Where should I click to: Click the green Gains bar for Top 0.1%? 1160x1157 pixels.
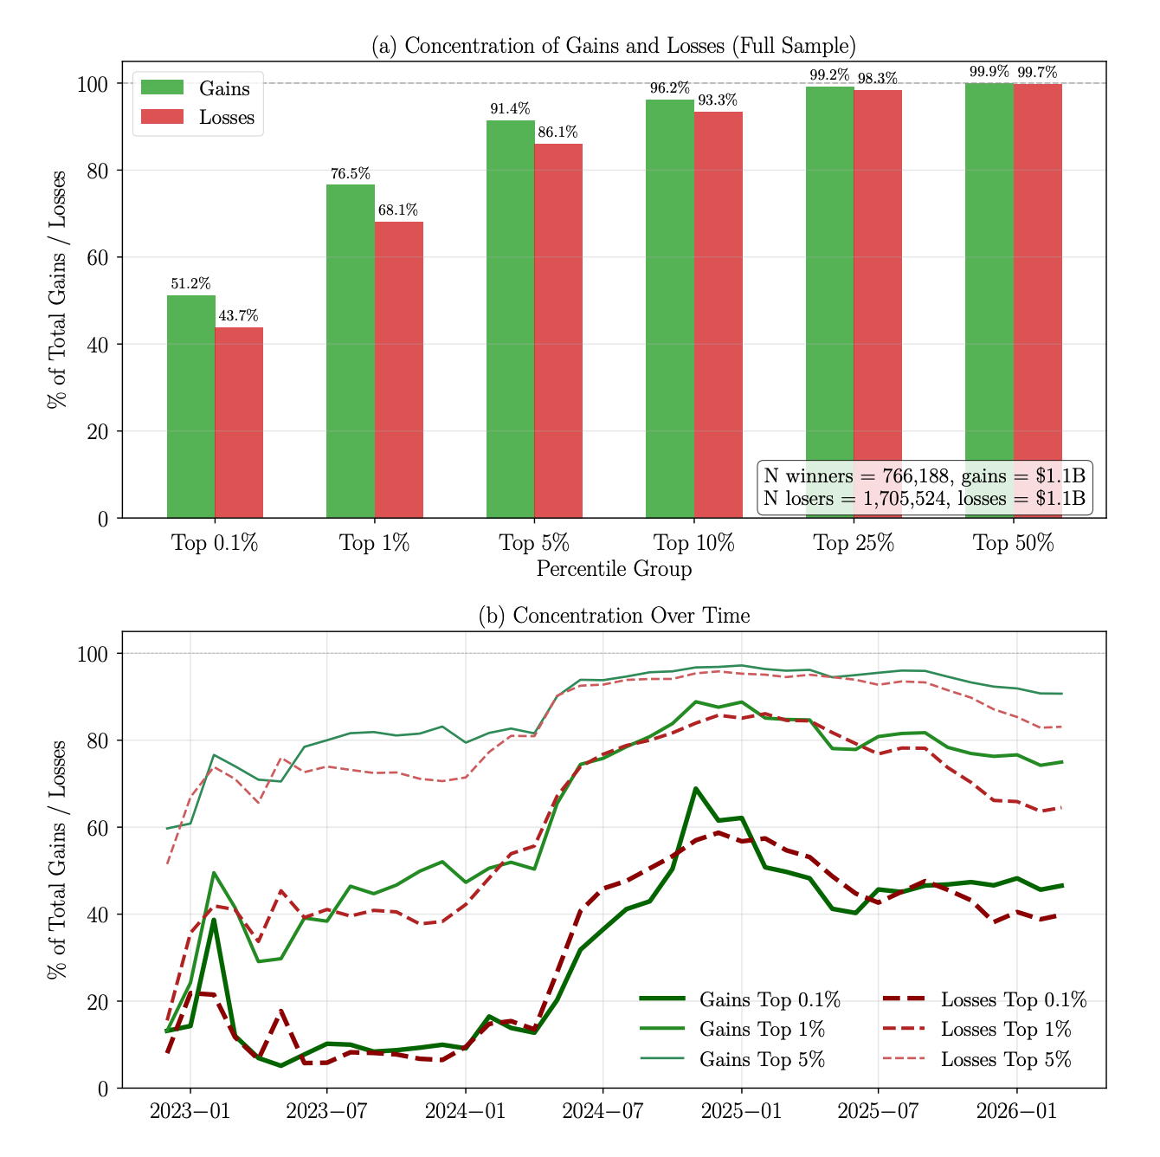[190, 406]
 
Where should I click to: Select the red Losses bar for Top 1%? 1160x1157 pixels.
[398, 370]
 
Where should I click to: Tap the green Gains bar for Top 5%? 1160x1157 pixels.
[511, 320]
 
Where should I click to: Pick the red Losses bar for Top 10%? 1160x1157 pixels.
[719, 315]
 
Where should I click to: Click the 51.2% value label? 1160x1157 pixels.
[190, 284]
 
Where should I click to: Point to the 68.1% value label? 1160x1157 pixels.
[398, 210]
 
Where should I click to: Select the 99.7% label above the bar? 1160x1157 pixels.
[1037, 72]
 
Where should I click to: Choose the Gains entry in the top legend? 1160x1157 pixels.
[196, 88]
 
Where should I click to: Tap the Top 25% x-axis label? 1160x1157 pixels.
[854, 543]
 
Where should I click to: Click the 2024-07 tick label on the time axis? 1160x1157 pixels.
[603, 1110]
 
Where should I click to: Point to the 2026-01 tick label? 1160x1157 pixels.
[1016, 1110]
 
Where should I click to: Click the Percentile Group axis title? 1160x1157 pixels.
[614, 569]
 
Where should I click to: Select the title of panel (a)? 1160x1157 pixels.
[614, 46]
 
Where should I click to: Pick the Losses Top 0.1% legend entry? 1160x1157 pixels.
[985, 999]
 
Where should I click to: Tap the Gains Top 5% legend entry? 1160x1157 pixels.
[732, 1059]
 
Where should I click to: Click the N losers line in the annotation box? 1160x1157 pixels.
[925, 499]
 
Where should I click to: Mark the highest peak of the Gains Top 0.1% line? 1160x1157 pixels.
[695, 788]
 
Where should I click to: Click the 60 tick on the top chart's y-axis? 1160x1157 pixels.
[98, 258]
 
